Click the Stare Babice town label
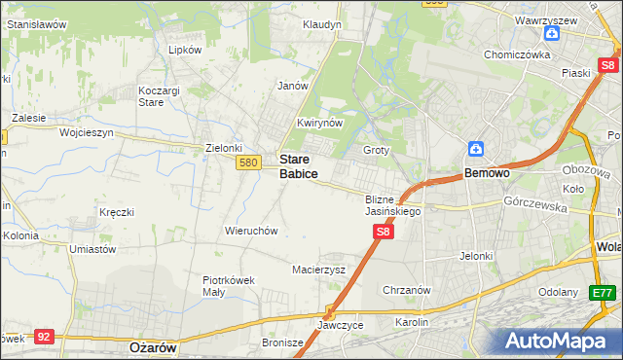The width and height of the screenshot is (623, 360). (298, 165)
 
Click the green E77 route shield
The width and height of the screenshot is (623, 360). (604, 292)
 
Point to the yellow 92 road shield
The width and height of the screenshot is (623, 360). (43, 337)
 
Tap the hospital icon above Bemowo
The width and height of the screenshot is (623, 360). (476, 149)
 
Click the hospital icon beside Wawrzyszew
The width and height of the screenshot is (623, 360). (552, 33)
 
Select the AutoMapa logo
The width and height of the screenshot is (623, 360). (560, 341)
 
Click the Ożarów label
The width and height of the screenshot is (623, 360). (151, 346)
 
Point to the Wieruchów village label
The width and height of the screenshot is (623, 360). (252, 232)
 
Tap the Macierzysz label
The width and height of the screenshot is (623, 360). (319, 270)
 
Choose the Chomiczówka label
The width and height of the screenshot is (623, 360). (518, 54)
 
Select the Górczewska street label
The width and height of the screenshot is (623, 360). (535, 202)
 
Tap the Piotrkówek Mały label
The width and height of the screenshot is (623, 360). (229, 285)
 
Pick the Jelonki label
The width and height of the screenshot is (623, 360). (477, 256)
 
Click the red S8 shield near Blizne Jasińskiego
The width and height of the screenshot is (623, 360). (384, 232)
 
